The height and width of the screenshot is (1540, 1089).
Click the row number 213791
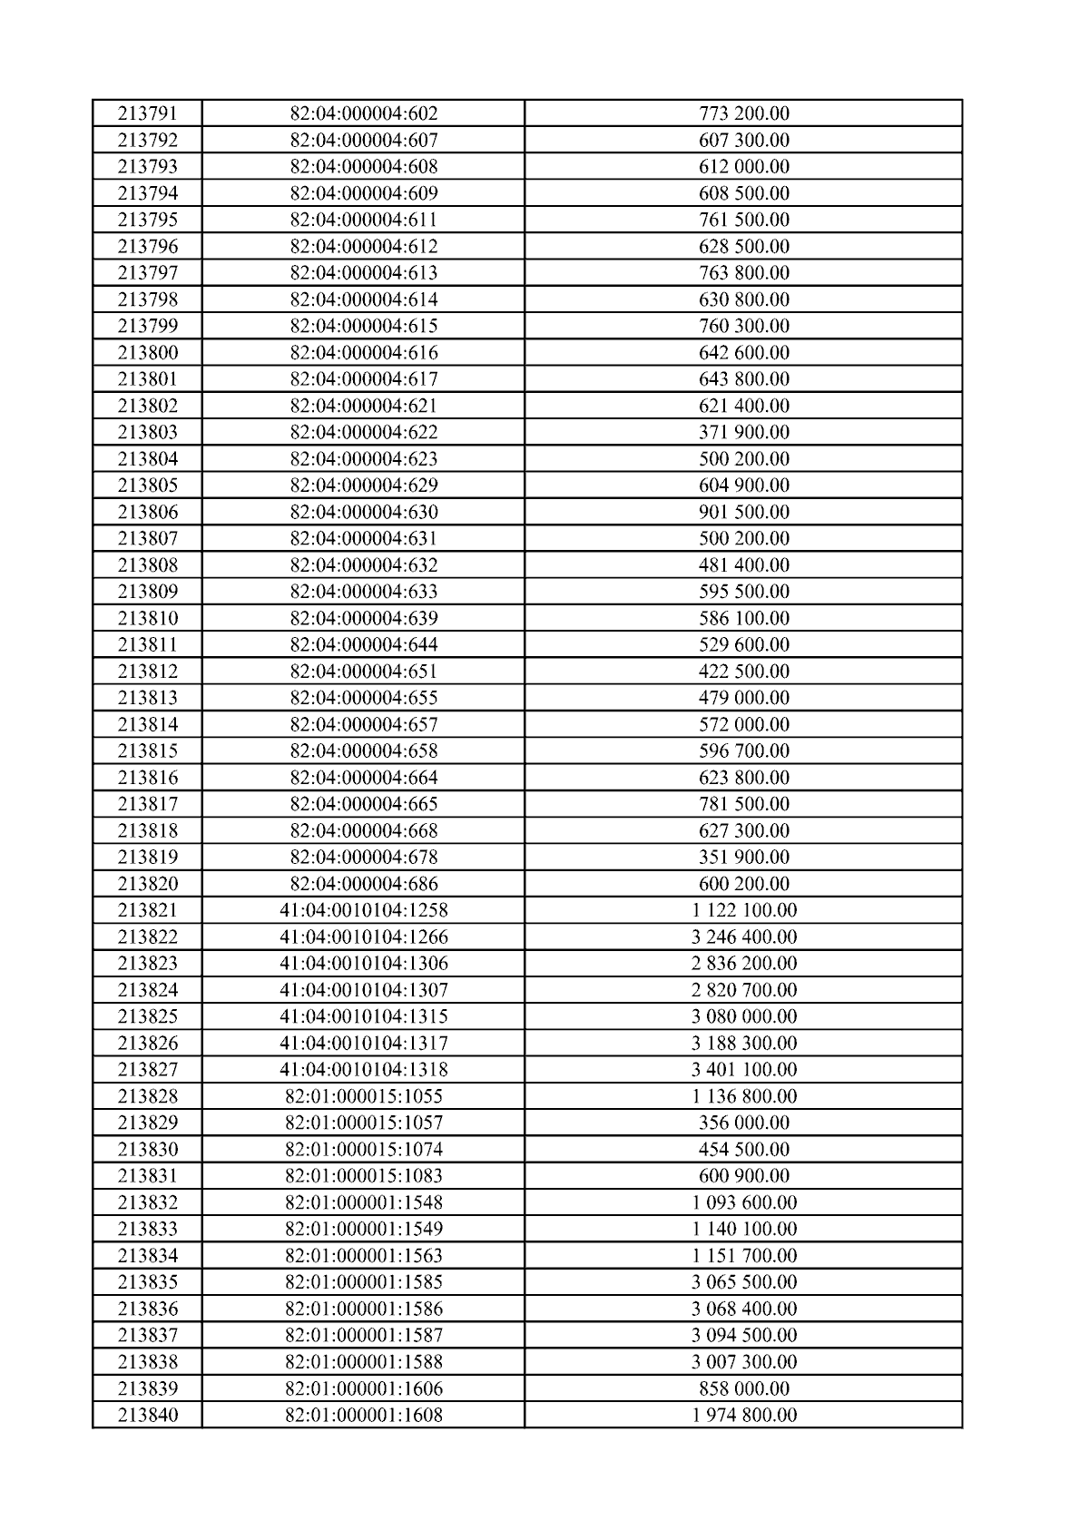click(147, 113)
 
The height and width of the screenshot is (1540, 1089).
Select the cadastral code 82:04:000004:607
click(363, 140)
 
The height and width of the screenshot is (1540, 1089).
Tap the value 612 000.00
click(743, 166)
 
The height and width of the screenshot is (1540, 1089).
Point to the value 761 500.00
click(743, 220)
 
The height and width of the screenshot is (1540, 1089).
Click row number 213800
click(147, 352)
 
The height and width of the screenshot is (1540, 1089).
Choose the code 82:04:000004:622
click(363, 432)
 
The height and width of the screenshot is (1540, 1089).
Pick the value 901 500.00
click(743, 512)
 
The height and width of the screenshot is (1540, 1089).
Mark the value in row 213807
click(743, 538)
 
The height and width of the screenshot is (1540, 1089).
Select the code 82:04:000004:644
click(363, 644)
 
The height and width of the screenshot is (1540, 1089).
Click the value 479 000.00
click(743, 698)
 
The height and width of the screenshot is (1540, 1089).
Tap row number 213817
click(147, 804)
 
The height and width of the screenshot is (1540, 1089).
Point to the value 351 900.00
click(743, 857)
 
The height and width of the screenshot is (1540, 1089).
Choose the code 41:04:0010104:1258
click(363, 910)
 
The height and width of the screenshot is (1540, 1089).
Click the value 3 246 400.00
click(743, 937)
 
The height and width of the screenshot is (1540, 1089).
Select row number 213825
click(147, 1016)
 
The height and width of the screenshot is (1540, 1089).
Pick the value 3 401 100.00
click(743, 1069)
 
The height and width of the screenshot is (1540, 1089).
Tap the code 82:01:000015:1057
click(363, 1123)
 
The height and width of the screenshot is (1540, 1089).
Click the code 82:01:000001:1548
click(363, 1202)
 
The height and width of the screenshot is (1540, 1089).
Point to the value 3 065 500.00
click(743, 1282)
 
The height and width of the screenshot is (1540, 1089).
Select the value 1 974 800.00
click(743, 1415)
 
